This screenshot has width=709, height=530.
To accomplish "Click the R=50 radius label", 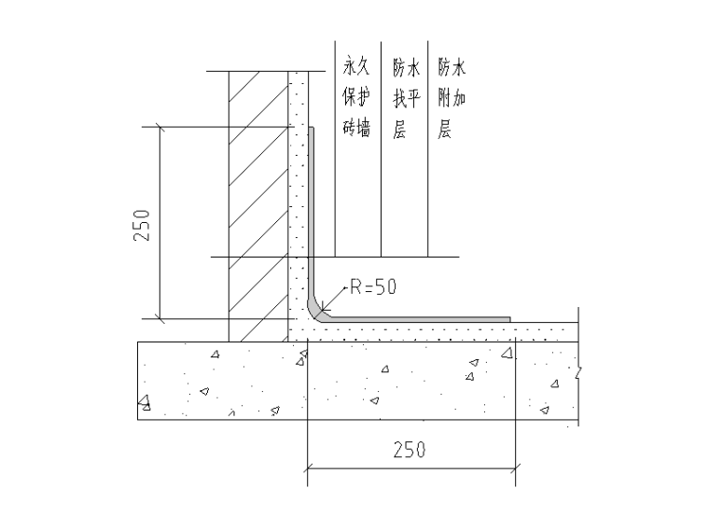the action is [x=373, y=286].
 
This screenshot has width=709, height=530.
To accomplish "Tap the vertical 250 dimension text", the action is [x=142, y=225].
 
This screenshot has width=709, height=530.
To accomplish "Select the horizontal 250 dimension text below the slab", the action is [x=410, y=450].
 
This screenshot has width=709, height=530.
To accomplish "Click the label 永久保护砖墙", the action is [x=356, y=96].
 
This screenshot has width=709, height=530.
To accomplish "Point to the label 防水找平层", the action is [x=406, y=97].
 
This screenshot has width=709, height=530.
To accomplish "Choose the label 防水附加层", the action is [x=452, y=97].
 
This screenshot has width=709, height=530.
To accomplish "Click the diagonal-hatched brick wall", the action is [x=258, y=206].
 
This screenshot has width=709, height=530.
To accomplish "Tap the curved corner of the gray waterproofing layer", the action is [x=314, y=312].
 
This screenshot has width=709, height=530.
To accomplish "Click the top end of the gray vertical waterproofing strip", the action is [x=311, y=128].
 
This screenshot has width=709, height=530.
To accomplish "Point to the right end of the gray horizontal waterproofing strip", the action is [x=509, y=320].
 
